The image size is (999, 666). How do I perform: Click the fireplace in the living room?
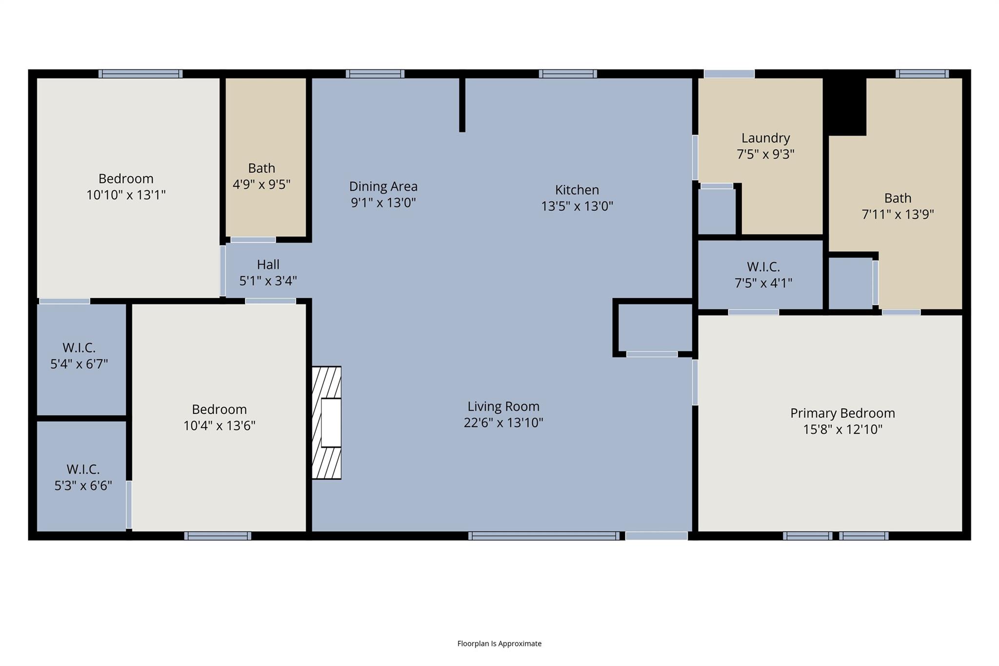(x=326, y=423)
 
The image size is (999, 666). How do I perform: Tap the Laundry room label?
(x=765, y=138)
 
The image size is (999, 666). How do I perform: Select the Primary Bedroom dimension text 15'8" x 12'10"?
(x=842, y=429)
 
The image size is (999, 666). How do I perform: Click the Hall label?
(x=268, y=264)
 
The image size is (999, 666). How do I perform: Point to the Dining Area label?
(x=383, y=186)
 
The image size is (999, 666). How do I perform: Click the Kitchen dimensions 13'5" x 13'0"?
(x=577, y=206)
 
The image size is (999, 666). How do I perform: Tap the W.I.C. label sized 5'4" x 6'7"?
(x=79, y=348)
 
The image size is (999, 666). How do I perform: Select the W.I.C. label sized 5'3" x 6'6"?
(x=83, y=469)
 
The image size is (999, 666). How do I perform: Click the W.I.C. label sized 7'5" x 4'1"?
(x=763, y=267)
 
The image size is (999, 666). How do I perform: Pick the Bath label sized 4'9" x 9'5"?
(x=261, y=168)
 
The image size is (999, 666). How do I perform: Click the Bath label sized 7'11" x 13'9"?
(x=898, y=198)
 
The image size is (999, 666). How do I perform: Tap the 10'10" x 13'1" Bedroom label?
(x=126, y=179)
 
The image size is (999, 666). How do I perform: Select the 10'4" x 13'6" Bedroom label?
(x=219, y=409)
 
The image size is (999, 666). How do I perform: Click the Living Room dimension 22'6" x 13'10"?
(x=503, y=423)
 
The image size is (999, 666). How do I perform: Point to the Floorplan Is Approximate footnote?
(x=499, y=644)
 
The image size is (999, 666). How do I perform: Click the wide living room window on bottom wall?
(x=543, y=536)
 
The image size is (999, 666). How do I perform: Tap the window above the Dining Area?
(x=375, y=74)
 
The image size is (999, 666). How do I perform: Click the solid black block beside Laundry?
(x=846, y=105)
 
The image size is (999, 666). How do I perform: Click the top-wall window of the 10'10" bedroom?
(x=140, y=74)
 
